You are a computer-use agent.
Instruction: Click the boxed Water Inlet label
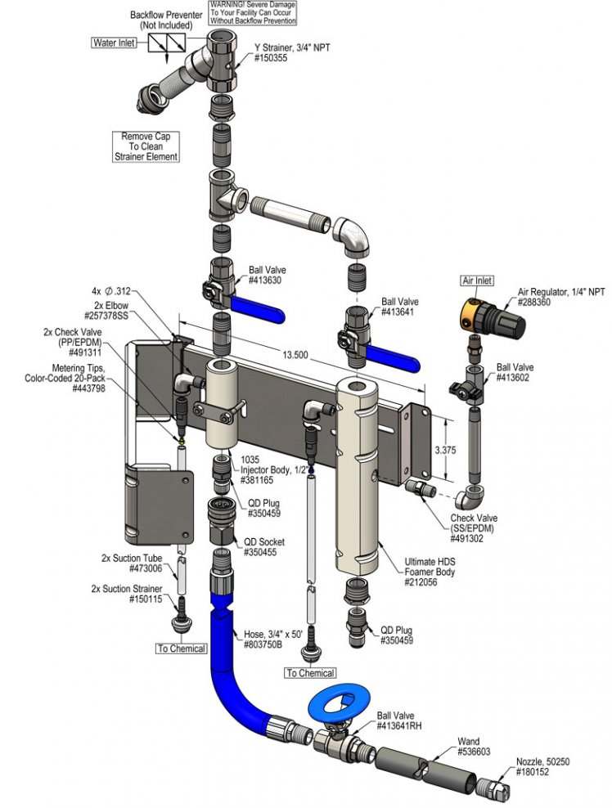click(115, 43)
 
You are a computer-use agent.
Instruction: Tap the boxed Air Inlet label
click(477, 281)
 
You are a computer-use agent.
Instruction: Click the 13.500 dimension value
click(295, 355)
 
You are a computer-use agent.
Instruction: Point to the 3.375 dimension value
click(445, 450)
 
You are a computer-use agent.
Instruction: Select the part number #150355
click(271, 58)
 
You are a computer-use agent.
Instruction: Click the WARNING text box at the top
click(253, 13)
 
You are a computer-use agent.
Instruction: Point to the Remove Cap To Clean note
click(146, 146)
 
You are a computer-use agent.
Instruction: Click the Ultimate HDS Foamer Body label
click(430, 572)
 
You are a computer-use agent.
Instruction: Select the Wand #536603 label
click(474, 747)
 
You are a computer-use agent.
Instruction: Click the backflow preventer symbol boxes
click(167, 43)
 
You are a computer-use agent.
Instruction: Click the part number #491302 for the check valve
click(466, 538)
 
